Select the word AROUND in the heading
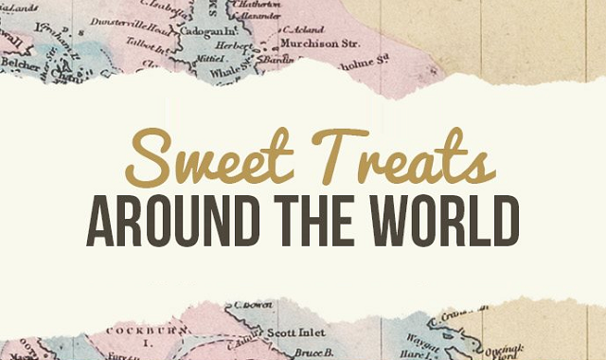click(x=177, y=224)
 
